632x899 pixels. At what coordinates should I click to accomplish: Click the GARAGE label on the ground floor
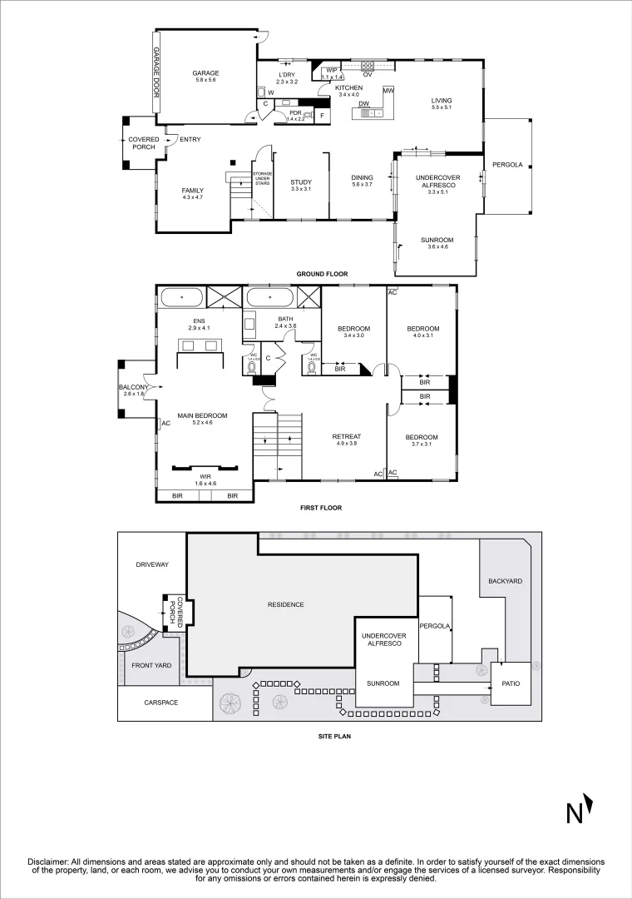[205, 72]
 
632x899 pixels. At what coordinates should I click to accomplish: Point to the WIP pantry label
[331, 70]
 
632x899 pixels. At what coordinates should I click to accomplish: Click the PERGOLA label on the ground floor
[507, 165]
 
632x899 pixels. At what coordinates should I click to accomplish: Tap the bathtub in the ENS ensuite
[180, 297]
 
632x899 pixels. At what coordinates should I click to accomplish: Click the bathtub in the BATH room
[269, 297]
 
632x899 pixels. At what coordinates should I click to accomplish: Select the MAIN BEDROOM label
[202, 415]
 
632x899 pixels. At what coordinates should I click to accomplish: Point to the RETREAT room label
[345, 436]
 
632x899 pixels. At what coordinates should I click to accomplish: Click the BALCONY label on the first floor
[134, 387]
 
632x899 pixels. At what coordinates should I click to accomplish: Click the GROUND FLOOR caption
[322, 274]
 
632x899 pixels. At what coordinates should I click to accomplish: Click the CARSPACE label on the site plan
[160, 703]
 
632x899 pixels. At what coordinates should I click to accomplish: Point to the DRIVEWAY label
[151, 564]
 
